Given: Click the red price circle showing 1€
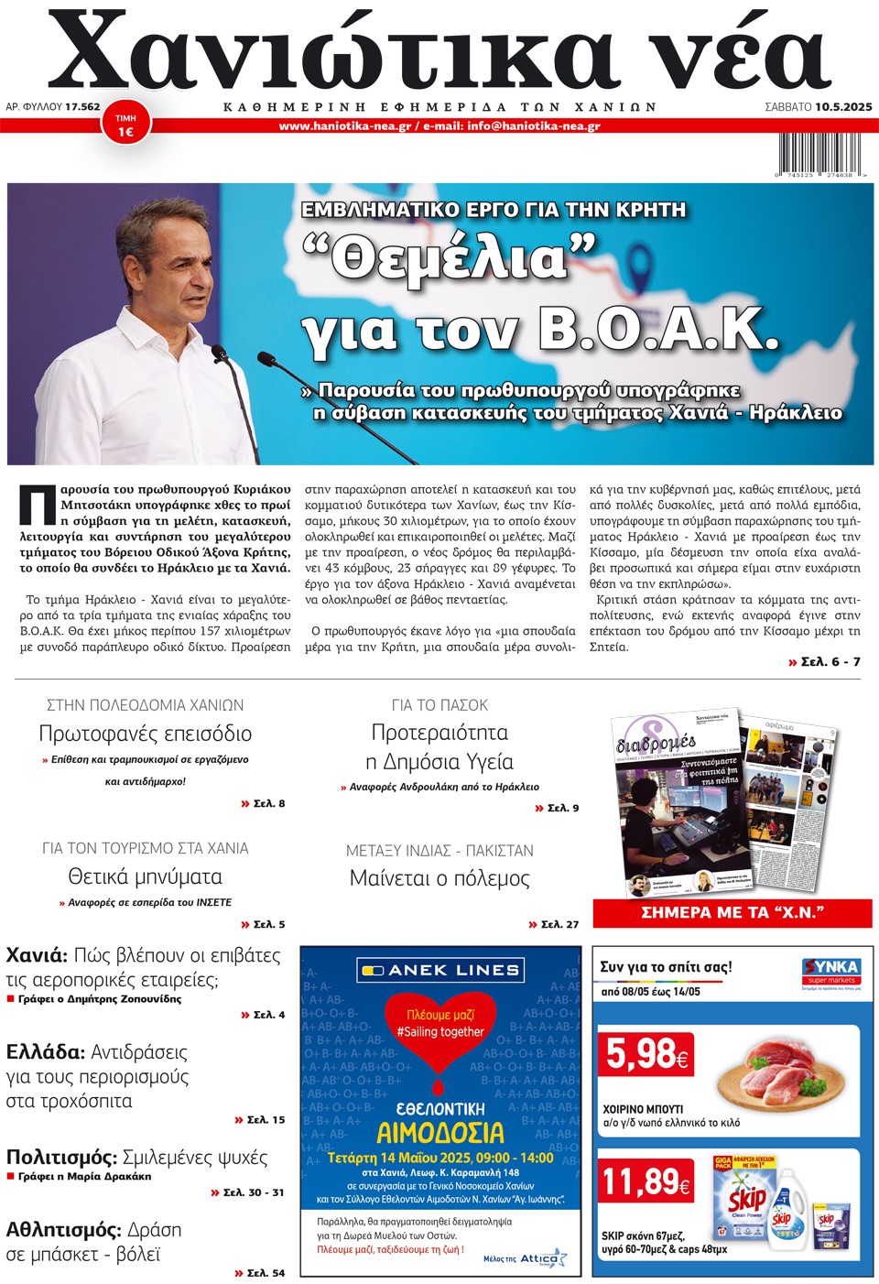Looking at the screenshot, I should (x=125, y=125).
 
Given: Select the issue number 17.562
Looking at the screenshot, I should (x=82, y=107).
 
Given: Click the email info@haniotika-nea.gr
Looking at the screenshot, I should (x=534, y=126).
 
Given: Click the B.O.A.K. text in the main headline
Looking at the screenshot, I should (x=658, y=329).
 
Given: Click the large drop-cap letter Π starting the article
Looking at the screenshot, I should (x=38, y=505).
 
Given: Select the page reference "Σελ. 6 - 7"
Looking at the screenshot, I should (x=830, y=661).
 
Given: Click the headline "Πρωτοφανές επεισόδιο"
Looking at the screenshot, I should (x=145, y=734).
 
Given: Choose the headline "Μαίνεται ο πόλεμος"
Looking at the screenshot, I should (x=439, y=878).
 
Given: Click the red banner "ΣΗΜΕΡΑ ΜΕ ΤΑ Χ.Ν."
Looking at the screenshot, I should (x=732, y=912).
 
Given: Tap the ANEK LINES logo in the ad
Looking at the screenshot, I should (x=439, y=970).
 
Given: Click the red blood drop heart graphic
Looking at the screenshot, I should (x=440, y=1035).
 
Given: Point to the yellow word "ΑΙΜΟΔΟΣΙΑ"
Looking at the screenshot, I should (x=440, y=1133).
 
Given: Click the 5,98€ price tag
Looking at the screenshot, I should (x=646, y=1055).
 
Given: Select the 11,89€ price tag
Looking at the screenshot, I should (x=646, y=1181).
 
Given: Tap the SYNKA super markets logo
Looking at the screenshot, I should (x=831, y=971).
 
